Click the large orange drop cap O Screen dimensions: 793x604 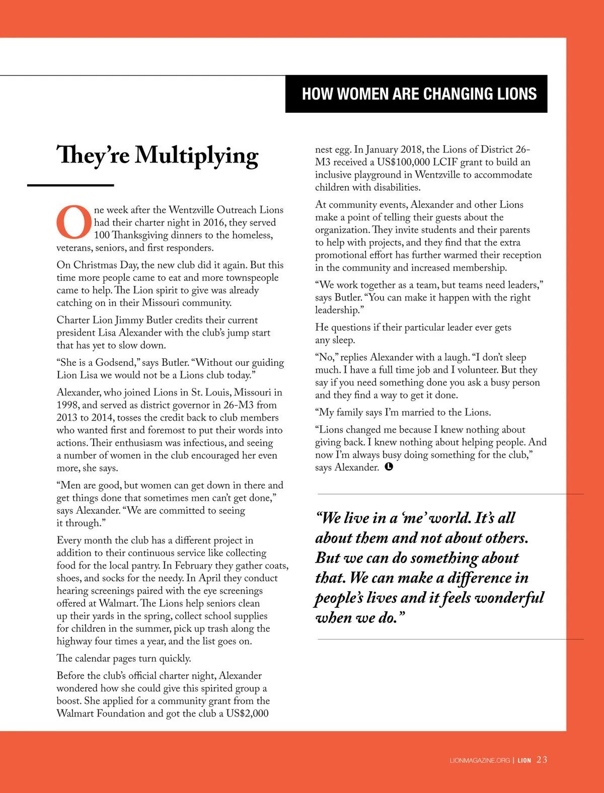click(74, 222)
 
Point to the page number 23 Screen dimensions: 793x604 click(542, 760)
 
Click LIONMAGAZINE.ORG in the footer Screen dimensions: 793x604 click(480, 760)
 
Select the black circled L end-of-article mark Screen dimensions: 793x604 click(389, 467)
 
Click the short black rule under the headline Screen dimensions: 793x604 click(70, 185)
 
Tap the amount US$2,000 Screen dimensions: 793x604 click(247, 713)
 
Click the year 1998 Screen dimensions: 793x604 click(67, 405)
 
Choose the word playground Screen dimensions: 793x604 click(381, 175)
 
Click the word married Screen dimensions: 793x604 click(415, 412)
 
